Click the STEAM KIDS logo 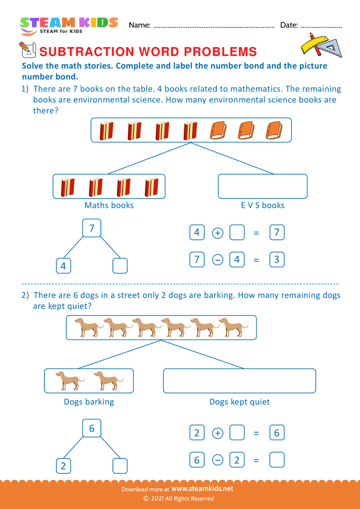point(69,25)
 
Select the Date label point(289,25)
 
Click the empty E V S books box point(262,186)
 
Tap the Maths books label point(109,205)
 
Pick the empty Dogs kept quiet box point(239,381)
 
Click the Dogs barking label point(89,402)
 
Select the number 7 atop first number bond point(92,229)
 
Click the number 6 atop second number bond point(92,429)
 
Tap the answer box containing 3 point(276,260)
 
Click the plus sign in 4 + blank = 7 point(217,233)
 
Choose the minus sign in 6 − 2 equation point(217,460)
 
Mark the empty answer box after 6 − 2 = point(276,460)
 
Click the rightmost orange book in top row point(274,130)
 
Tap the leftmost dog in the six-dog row point(86,327)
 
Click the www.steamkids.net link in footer point(206,488)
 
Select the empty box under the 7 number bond point(120,266)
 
